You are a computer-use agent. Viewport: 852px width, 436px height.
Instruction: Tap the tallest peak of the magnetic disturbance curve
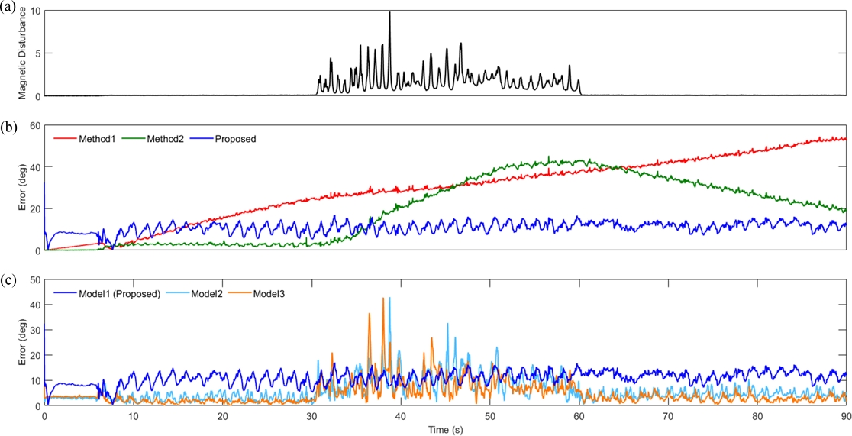click(x=389, y=13)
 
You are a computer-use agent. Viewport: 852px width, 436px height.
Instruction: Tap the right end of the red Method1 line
click(x=847, y=138)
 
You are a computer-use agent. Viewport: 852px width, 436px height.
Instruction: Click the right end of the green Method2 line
click(x=847, y=210)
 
